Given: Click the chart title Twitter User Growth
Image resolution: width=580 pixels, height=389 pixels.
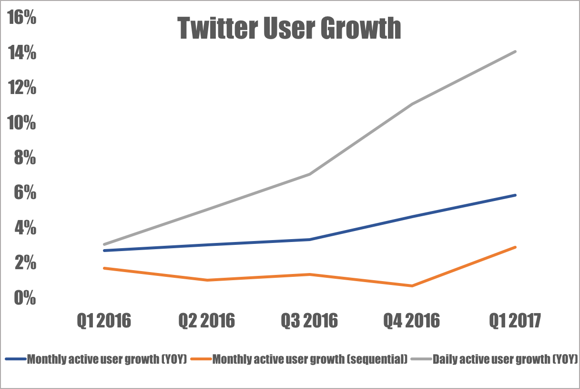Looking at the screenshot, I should (x=289, y=29).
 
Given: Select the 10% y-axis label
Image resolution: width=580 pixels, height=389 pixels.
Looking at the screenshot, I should (x=21, y=123).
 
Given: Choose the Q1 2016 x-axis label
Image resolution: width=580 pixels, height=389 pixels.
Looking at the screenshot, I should (x=103, y=321).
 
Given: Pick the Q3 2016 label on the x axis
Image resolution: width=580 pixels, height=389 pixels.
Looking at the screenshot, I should (x=309, y=321).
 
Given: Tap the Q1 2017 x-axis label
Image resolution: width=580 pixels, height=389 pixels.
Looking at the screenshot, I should (x=515, y=321).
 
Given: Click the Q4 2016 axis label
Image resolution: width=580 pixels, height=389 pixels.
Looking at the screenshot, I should (x=412, y=321).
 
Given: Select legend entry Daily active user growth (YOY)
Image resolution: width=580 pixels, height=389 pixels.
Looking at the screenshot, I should (x=505, y=359).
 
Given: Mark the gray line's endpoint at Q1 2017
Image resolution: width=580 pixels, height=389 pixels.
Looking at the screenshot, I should (x=515, y=51).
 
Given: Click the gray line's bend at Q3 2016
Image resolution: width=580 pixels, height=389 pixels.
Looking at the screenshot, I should (x=309, y=174).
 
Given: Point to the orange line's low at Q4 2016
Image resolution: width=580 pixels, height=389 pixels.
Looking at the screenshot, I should (x=412, y=286).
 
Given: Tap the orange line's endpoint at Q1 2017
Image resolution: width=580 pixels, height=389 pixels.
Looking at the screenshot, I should (x=515, y=247).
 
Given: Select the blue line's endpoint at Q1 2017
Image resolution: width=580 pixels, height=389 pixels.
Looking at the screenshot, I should (x=515, y=195).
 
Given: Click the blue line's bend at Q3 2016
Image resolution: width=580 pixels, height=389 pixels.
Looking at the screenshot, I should (x=309, y=240).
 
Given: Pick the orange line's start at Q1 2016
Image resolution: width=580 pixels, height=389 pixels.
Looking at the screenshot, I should (x=104, y=268).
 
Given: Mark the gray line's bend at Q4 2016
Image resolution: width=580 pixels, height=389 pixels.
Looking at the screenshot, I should (x=412, y=104).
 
